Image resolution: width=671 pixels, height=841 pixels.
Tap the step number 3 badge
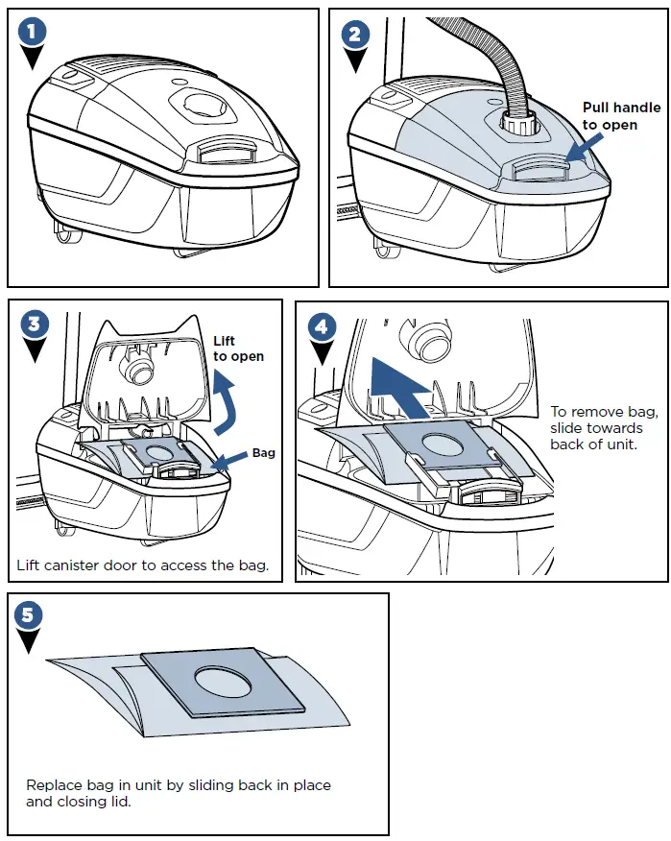click(x=35, y=324)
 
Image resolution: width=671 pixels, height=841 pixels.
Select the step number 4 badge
click(x=323, y=326)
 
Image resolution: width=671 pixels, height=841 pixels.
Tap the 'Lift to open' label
click(x=238, y=348)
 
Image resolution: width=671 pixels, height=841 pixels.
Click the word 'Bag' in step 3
click(x=263, y=452)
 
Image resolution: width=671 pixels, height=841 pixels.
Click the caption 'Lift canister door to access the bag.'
click(x=142, y=565)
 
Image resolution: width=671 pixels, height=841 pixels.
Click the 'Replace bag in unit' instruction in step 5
click(x=179, y=793)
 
